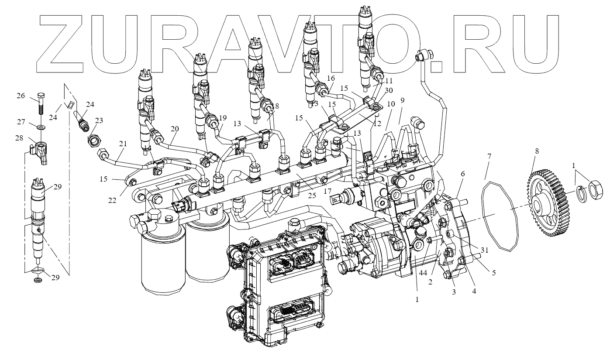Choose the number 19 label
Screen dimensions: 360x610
click(x=223, y=118)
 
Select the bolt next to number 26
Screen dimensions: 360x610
click(x=40, y=105)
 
